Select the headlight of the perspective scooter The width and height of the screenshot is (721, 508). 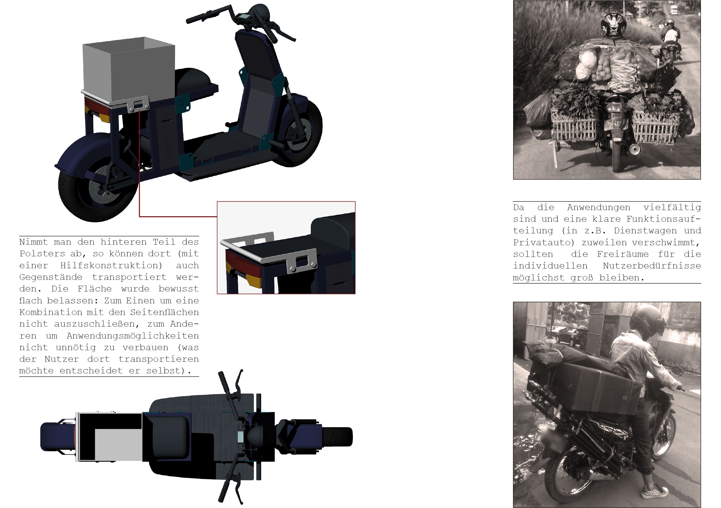(261, 13)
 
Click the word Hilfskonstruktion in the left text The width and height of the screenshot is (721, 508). (111, 266)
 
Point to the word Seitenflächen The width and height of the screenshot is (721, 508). (165, 312)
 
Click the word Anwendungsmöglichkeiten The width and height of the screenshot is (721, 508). (133, 336)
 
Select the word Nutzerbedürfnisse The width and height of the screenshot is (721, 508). (652, 266)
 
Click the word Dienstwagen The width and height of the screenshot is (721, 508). (645, 231)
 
